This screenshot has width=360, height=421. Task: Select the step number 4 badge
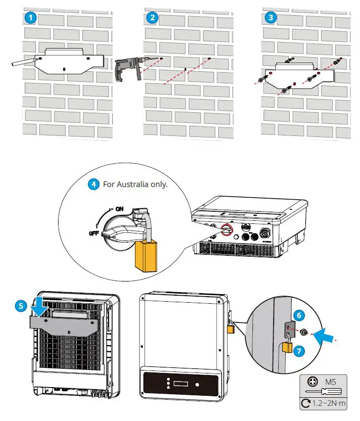click(93, 184)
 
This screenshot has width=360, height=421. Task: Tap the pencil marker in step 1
click(23, 63)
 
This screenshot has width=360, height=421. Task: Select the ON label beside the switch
click(119, 208)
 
